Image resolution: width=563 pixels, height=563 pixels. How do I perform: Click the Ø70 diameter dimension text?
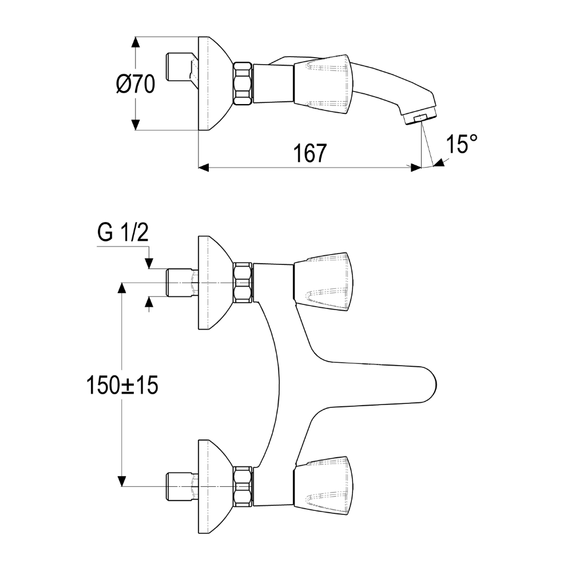click(136, 84)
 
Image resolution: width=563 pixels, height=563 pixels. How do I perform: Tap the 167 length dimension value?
click(310, 153)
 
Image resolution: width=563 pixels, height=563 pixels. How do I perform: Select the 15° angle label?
click(462, 144)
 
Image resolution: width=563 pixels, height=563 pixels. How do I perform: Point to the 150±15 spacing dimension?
click(122, 386)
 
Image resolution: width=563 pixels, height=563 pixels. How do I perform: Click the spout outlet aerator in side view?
click(420, 118)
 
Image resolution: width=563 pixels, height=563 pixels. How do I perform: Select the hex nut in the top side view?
click(243, 84)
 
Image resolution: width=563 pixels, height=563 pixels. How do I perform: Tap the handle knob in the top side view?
click(322, 85)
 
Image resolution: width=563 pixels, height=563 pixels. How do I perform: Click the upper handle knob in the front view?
click(322, 282)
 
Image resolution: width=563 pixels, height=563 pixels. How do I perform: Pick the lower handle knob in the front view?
click(322, 486)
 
